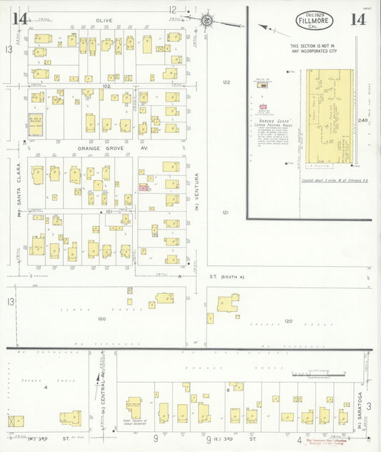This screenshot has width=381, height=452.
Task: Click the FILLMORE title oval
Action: pyautogui.click(x=314, y=21)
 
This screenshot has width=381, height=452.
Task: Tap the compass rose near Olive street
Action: pyautogui.click(x=207, y=21)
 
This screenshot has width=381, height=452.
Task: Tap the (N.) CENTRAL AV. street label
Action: pyautogui.click(x=103, y=398)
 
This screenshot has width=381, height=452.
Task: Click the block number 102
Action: pyautogui.click(x=107, y=86)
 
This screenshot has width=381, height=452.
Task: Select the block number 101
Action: pyautogui.click(x=109, y=212)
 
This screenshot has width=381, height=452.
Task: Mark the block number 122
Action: pyautogui.click(x=227, y=82)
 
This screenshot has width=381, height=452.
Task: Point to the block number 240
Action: pyautogui.click(x=363, y=120)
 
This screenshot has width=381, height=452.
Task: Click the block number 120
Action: pyautogui.click(x=288, y=321)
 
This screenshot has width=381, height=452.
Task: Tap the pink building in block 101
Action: pyautogui.click(x=144, y=187)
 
